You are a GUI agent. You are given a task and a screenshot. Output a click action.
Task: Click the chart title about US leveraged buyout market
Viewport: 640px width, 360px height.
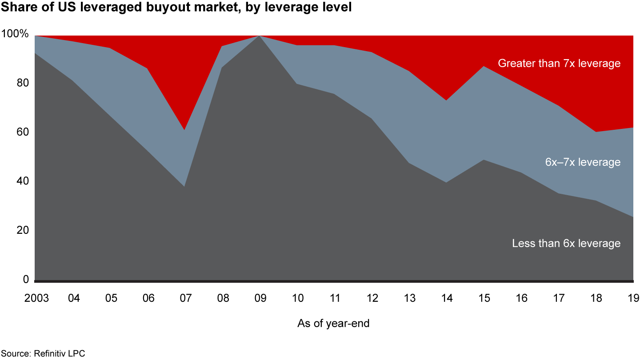pos(176,8)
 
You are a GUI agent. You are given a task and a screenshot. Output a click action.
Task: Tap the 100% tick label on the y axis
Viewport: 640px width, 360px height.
pos(15,34)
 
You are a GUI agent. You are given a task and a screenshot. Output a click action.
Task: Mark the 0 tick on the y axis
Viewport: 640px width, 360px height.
pos(25,279)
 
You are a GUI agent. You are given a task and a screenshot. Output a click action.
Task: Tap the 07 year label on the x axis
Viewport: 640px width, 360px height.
pos(186,298)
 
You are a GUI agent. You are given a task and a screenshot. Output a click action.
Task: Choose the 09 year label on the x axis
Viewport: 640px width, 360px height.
pos(260,298)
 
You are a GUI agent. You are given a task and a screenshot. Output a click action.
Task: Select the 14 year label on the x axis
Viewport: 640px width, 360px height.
pos(447,298)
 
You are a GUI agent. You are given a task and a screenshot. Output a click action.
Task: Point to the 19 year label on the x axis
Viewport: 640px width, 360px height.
pos(633,298)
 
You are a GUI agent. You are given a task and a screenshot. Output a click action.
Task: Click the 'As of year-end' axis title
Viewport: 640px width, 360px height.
pos(333,324)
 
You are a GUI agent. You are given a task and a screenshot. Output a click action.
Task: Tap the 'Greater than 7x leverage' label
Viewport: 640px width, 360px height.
pos(559,64)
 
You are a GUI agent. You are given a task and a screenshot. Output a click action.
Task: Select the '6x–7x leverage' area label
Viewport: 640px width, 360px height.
pos(583,162)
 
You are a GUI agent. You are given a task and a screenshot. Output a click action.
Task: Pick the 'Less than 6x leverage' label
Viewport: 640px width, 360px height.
pos(566,244)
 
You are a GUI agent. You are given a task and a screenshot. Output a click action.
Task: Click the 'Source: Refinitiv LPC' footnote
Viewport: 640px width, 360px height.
pos(42,354)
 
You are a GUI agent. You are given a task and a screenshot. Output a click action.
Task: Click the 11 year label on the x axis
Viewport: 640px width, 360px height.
pos(335,298)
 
